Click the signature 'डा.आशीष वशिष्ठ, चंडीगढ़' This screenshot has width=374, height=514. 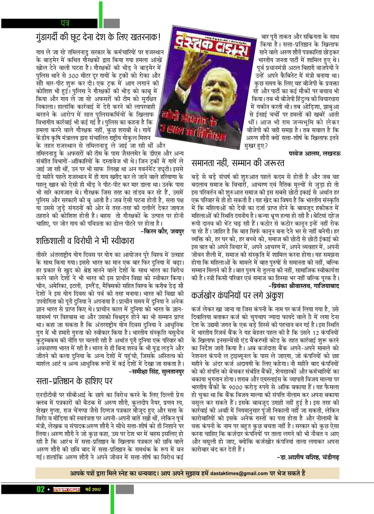point(308,457)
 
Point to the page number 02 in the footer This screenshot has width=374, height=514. point(40,489)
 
